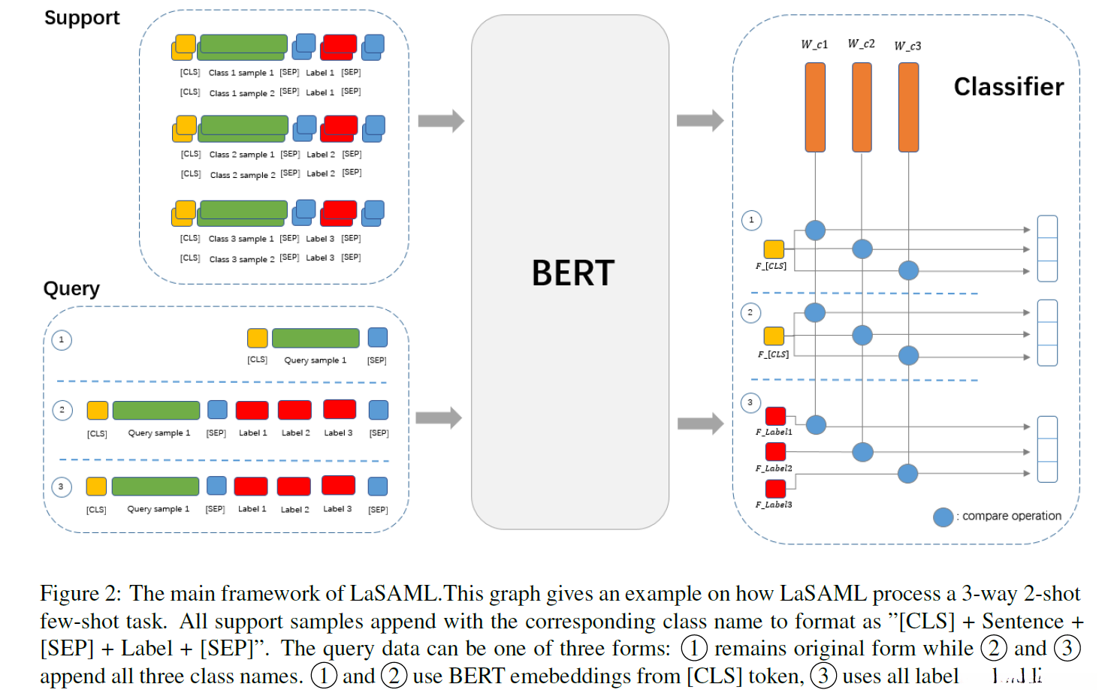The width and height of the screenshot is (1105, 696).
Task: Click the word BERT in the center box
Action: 572,273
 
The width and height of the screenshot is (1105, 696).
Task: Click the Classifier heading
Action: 1008,87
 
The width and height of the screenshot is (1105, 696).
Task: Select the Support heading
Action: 82,18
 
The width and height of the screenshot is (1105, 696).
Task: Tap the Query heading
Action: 71,289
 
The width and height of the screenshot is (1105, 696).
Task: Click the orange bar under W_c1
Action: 815,107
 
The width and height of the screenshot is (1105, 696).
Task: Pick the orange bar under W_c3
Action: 908,107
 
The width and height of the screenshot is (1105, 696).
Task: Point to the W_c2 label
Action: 861,44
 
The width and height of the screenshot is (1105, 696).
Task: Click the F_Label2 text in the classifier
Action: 774,469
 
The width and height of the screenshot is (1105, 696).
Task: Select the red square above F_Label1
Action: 775,416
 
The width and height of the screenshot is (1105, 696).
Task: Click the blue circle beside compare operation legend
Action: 943,517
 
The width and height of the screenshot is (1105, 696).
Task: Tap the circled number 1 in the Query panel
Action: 62,340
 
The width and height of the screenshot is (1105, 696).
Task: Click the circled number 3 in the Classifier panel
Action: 750,403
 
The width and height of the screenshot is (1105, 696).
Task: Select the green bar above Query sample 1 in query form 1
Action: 315,338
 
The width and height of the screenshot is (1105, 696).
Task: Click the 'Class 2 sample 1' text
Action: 241,155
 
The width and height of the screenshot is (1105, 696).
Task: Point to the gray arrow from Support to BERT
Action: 440,121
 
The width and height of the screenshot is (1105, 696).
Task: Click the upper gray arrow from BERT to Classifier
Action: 699,121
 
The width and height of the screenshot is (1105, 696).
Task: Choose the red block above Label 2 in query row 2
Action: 294,410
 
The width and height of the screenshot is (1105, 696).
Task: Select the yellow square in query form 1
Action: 257,338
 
